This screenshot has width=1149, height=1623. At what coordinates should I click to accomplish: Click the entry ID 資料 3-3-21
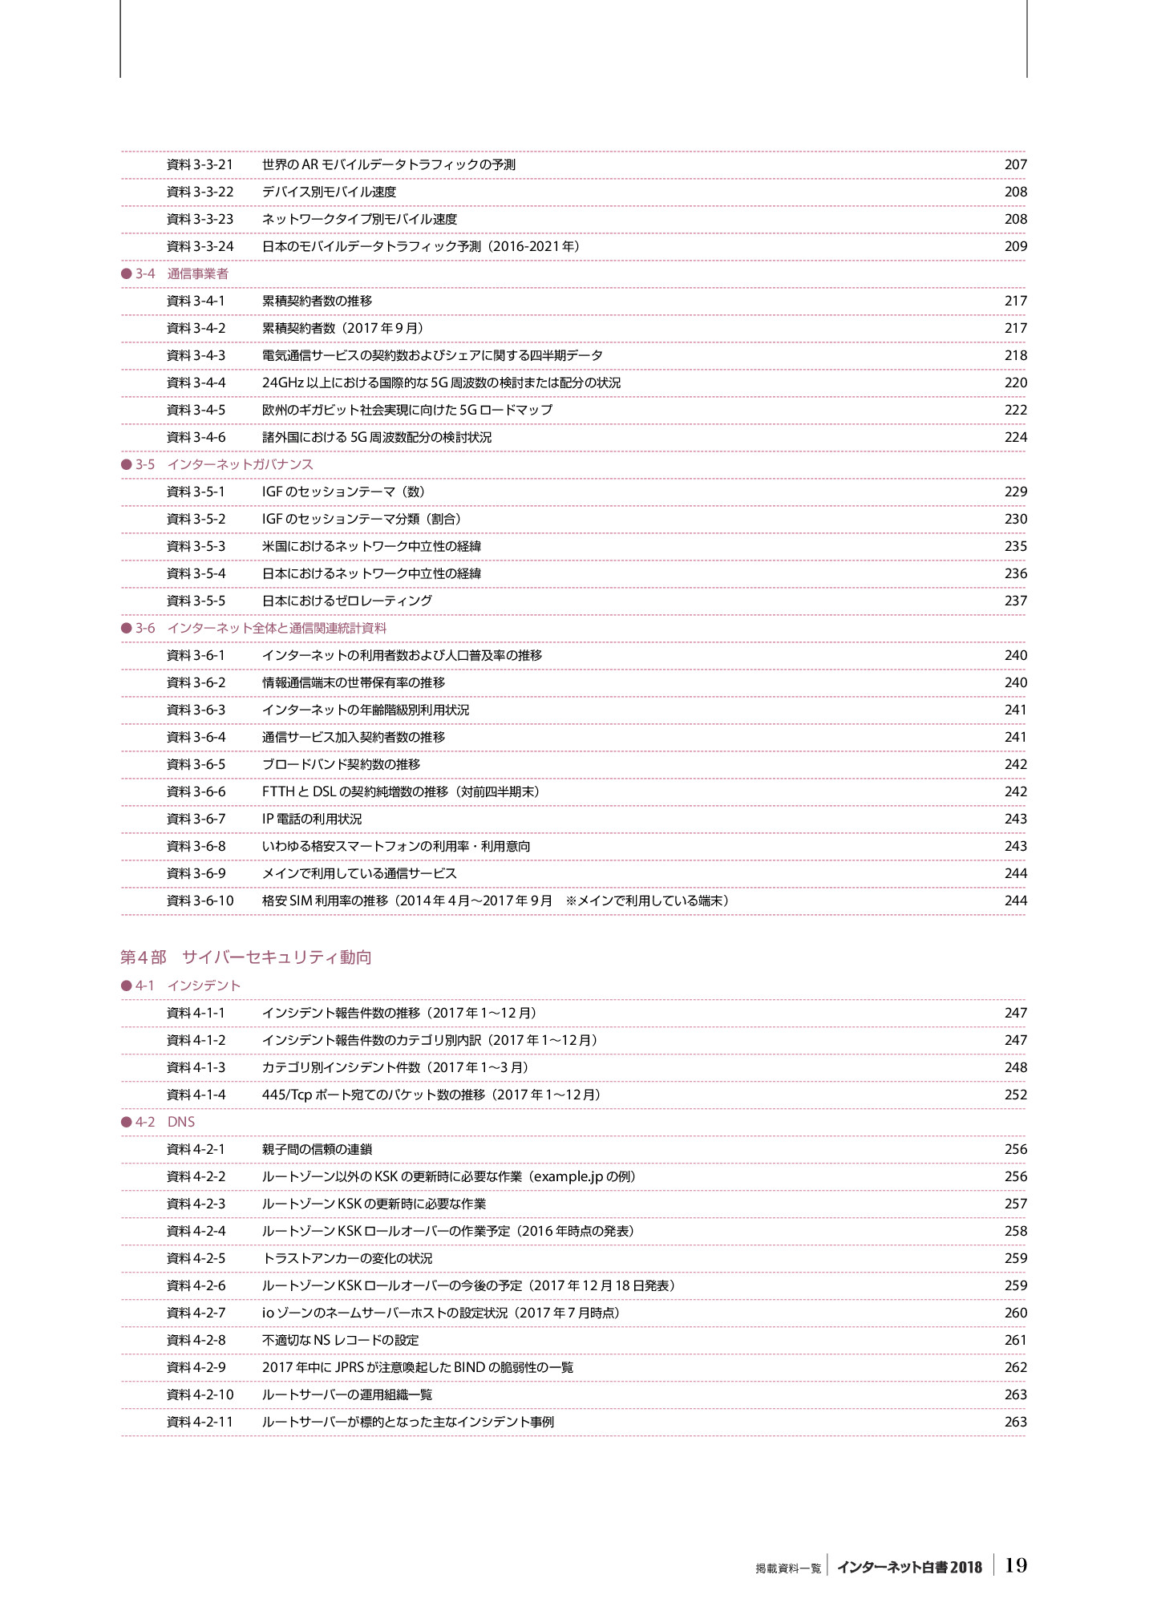pyautogui.click(x=200, y=164)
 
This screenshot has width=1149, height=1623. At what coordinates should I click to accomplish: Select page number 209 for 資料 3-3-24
pyautogui.click(x=1015, y=246)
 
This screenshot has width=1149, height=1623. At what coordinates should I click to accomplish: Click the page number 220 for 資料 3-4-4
pyautogui.click(x=1015, y=382)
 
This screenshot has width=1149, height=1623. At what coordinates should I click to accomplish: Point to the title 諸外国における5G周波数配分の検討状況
pyautogui.click(x=377, y=437)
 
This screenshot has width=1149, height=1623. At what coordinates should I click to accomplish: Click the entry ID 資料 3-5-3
pyautogui.click(x=196, y=546)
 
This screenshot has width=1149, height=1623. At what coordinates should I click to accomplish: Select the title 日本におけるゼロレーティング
pyautogui.click(x=347, y=601)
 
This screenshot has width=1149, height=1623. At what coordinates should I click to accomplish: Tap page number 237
pyautogui.click(x=1015, y=601)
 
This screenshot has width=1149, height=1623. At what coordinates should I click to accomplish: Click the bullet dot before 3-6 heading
pyautogui.click(x=126, y=628)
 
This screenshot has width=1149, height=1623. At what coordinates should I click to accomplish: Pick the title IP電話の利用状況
pyautogui.click(x=312, y=819)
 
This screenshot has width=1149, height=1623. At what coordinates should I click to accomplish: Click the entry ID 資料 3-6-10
pyautogui.click(x=200, y=901)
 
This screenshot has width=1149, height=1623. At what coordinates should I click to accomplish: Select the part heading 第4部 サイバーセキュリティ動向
pyautogui.click(x=245, y=957)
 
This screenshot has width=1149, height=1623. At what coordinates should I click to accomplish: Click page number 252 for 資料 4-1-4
pyautogui.click(x=1015, y=1095)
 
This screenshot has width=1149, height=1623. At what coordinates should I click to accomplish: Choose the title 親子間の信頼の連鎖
pyautogui.click(x=317, y=1149)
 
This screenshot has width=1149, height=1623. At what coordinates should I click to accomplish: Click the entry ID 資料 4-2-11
pyautogui.click(x=200, y=1422)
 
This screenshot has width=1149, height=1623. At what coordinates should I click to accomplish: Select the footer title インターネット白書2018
pyautogui.click(x=909, y=1567)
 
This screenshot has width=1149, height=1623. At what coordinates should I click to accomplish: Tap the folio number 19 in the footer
pyautogui.click(x=1015, y=1564)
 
